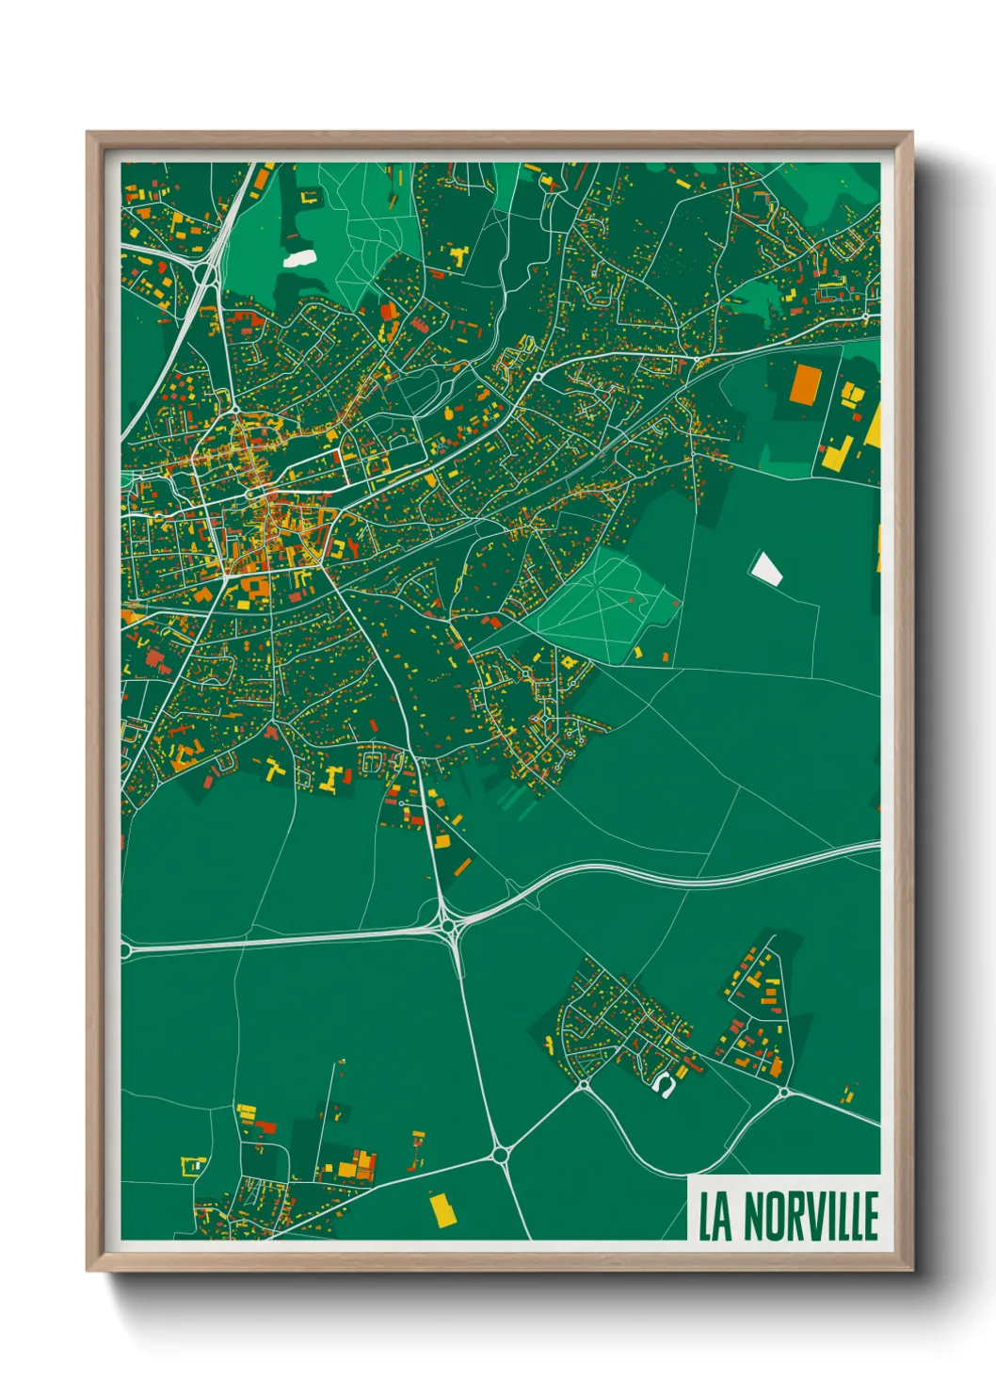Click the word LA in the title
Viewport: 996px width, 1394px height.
(715, 1217)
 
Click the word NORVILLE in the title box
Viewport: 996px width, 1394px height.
(811, 1217)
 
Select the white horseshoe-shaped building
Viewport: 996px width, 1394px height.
(664, 1084)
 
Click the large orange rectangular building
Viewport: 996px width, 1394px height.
(806, 383)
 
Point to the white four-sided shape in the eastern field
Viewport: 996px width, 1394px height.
(765, 568)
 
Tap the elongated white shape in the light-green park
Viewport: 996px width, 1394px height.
(299, 256)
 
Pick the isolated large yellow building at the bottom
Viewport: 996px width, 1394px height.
(442, 1209)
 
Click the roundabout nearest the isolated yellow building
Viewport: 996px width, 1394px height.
(500, 1154)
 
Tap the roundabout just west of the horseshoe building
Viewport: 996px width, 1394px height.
(584, 1085)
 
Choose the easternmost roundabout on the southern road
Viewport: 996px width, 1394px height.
(783, 1093)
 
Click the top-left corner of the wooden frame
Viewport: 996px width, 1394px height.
(88, 133)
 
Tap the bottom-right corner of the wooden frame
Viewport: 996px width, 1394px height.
(912, 1271)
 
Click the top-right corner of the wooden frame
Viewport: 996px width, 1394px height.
(912, 133)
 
